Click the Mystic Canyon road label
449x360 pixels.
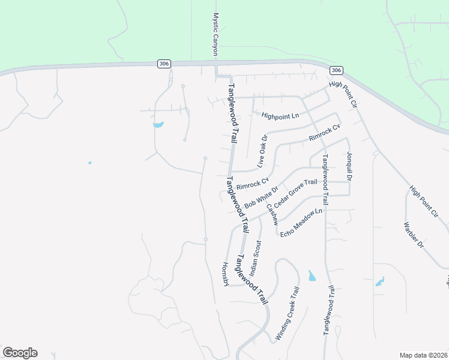[215, 35]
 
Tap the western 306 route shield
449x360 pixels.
[163, 63]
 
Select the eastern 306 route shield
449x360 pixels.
[334, 71]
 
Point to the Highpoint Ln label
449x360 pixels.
[280, 115]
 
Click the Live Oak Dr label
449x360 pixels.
[262, 151]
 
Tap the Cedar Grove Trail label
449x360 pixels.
[295, 194]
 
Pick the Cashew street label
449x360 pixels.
[271, 212]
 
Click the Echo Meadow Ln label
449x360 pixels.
[301, 222]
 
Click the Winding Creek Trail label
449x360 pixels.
[287, 314]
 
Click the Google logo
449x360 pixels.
[20, 353]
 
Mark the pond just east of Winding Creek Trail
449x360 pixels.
[311, 276]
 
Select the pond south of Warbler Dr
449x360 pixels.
[379, 281]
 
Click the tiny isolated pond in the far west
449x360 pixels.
[89, 163]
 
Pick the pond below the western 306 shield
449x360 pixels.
[158, 125]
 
